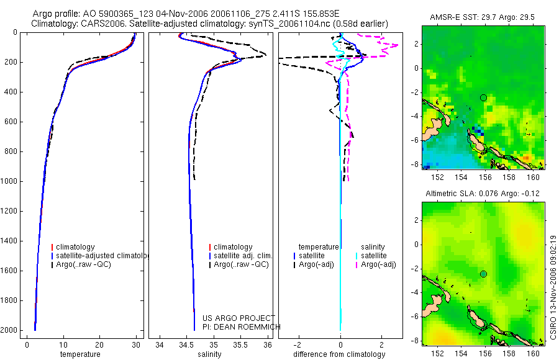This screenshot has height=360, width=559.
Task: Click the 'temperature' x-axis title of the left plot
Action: pos(80,354)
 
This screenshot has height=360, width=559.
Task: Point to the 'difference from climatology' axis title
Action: pos(340,354)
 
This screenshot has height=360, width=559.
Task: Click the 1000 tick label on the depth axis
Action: pos(9,181)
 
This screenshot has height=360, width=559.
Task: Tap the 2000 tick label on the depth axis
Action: pos(9,330)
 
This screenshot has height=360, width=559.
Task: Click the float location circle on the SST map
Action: pos(483,97)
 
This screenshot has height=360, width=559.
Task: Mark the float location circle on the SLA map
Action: pos(483,274)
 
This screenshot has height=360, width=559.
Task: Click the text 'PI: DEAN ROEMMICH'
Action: pos(242,327)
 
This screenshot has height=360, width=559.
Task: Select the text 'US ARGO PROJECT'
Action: pos(239,318)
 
